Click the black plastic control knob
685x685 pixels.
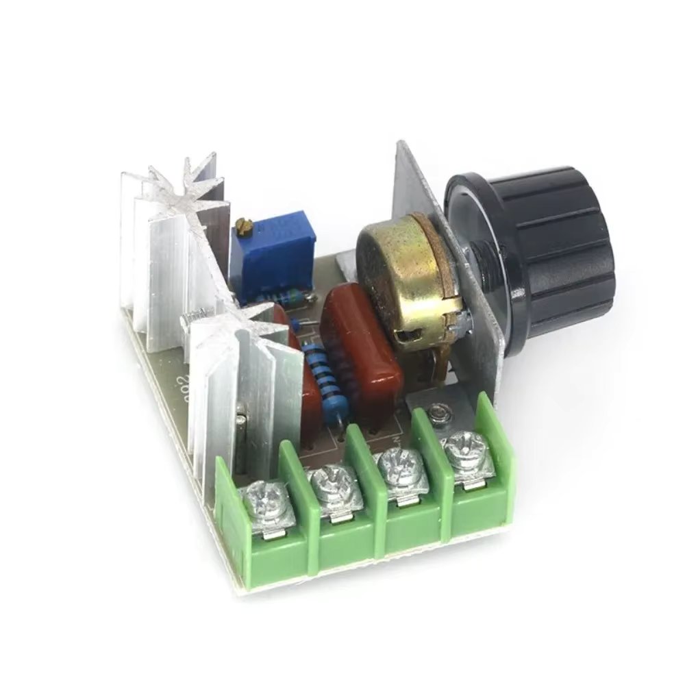click(541, 247)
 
